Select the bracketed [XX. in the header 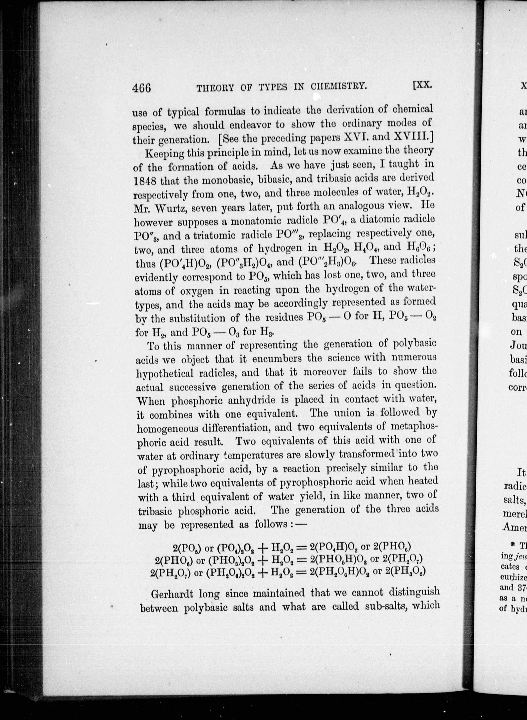click(422, 84)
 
